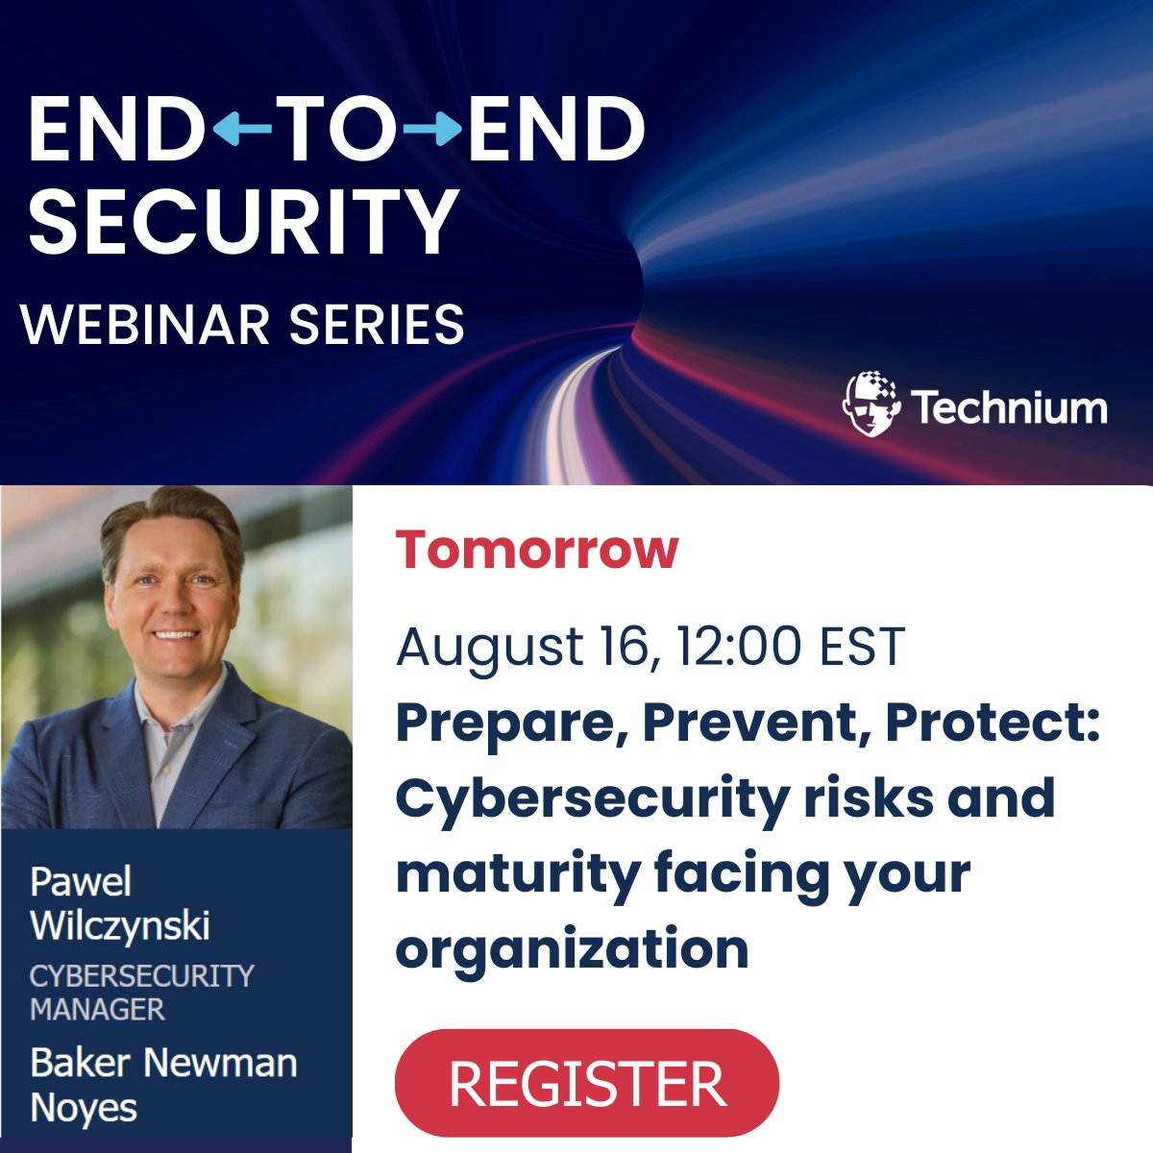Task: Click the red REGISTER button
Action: [x=586, y=1083]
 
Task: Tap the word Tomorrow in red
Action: [x=537, y=550]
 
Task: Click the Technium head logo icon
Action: [x=871, y=404]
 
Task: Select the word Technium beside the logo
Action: [x=1009, y=407]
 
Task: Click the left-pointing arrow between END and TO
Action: [x=240, y=130]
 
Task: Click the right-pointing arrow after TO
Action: [x=433, y=130]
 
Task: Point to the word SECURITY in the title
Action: [x=243, y=220]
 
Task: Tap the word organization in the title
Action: [x=572, y=949]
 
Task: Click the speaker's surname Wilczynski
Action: [x=120, y=926]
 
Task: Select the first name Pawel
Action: [x=81, y=882]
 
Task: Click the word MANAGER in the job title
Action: [x=98, y=1010]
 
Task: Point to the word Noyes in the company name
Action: [x=85, y=1108]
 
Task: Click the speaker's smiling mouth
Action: [x=176, y=635]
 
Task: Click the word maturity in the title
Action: [x=518, y=874]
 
